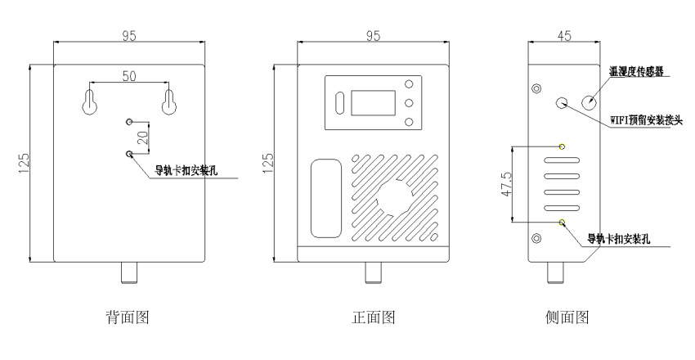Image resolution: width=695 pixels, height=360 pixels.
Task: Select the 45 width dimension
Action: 564,35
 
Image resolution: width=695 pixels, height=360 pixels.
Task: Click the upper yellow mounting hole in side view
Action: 562,146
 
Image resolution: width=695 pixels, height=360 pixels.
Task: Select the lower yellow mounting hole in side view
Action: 562,221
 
